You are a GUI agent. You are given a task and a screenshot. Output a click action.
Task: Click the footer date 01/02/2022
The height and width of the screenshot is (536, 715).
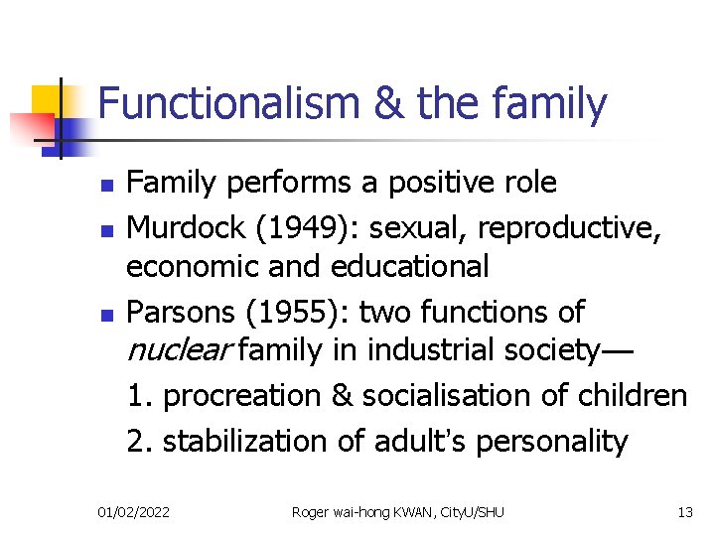(133, 512)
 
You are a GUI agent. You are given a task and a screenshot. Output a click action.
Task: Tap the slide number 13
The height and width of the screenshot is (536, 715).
(685, 512)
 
